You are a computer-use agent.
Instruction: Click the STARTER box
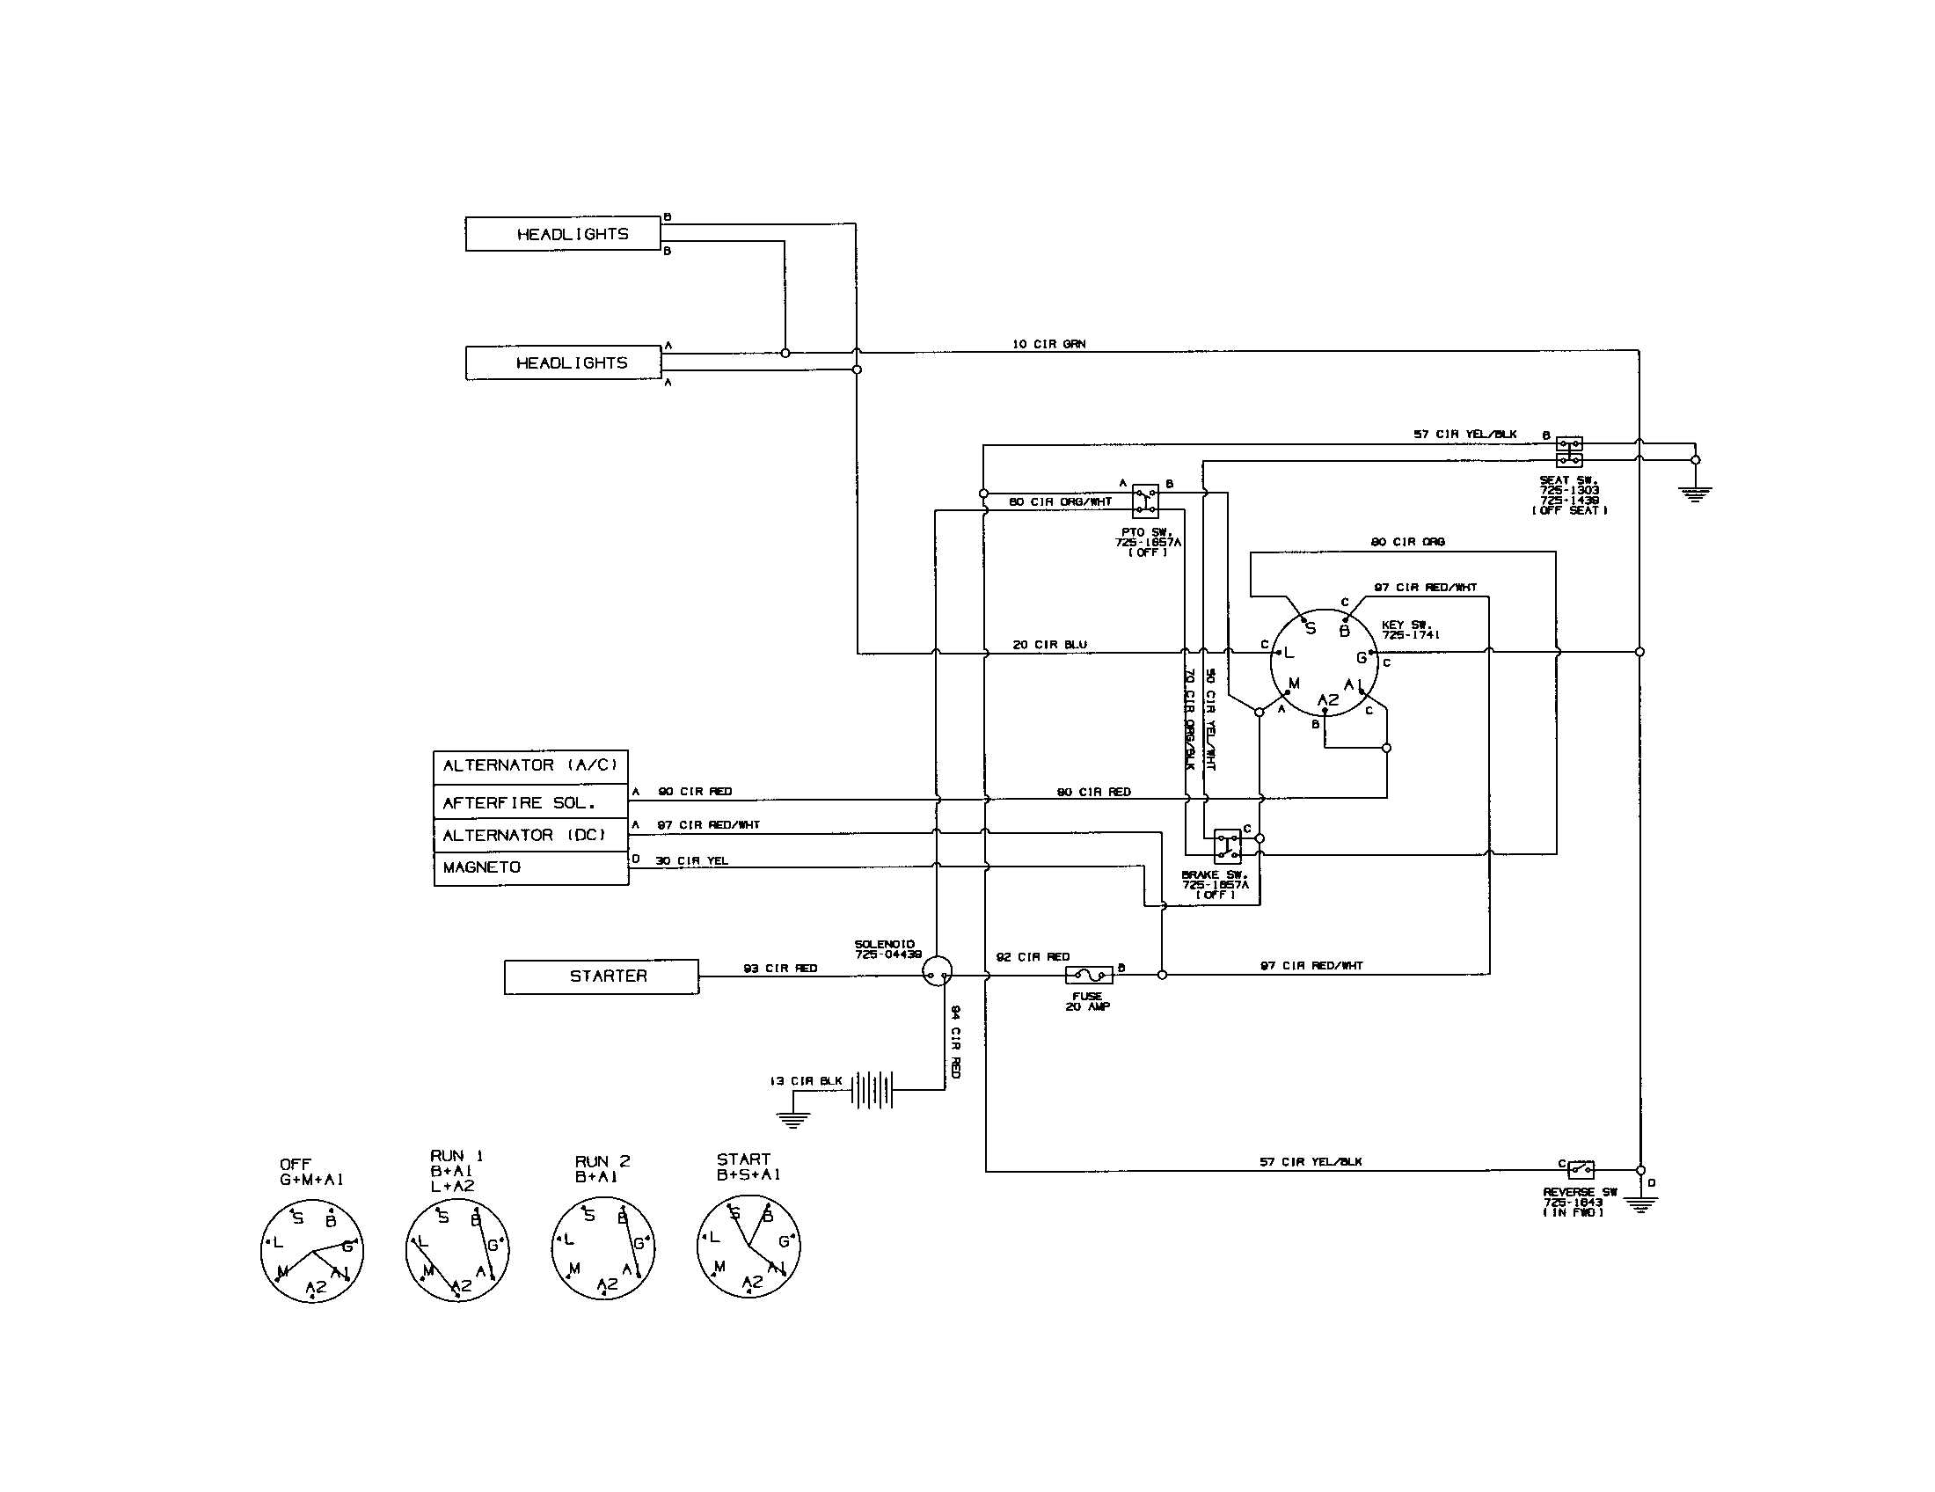[602, 976]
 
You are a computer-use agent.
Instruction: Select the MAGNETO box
[530, 867]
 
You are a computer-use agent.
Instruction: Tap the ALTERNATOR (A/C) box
[530, 765]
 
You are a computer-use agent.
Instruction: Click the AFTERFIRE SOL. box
[530, 802]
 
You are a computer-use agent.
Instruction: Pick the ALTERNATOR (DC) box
[530, 835]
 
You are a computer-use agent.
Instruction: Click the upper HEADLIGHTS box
[564, 234]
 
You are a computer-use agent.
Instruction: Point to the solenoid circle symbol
[937, 972]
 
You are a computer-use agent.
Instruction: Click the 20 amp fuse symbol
[1088, 976]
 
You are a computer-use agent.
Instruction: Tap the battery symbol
[873, 1090]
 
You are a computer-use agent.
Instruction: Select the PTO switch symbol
[1145, 501]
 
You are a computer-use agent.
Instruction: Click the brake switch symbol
[1227, 845]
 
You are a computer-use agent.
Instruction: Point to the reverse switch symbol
[1581, 1169]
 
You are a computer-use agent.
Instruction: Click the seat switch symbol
[1569, 451]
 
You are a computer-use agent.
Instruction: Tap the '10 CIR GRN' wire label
[1049, 344]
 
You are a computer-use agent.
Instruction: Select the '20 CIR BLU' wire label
[1049, 645]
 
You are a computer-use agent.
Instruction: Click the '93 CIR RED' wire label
[779, 969]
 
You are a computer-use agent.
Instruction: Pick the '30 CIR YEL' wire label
[691, 860]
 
